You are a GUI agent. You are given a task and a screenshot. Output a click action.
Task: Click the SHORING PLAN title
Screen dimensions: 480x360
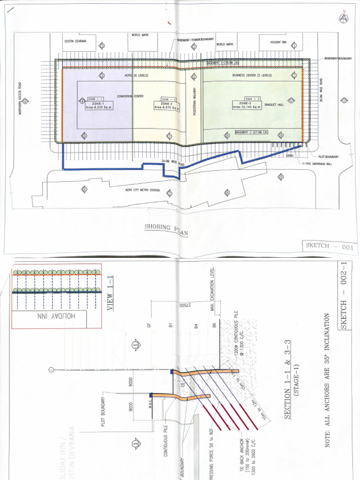[x=165, y=228]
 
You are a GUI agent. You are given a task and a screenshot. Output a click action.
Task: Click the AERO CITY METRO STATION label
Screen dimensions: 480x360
[x=142, y=190]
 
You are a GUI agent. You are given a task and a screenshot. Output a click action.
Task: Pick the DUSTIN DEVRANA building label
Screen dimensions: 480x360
[x=76, y=41]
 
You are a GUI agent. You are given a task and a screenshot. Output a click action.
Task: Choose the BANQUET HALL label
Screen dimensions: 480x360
[x=274, y=105]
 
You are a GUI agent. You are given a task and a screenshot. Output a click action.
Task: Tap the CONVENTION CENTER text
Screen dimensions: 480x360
[x=130, y=96]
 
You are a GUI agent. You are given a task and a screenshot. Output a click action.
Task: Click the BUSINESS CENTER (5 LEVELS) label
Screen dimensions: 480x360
[x=252, y=75]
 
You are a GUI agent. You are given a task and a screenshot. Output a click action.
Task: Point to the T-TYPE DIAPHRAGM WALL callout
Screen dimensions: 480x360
[x=321, y=164]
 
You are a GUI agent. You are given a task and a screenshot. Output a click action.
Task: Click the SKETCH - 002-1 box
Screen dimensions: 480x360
[x=346, y=297]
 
